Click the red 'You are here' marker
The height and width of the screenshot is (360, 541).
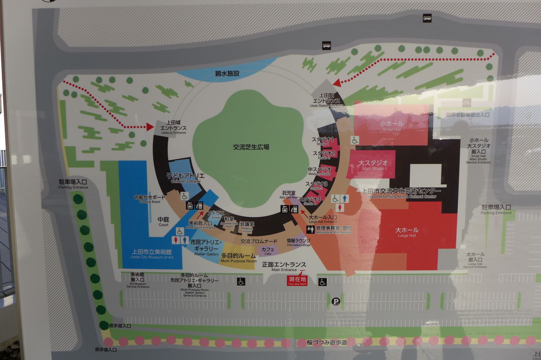[298, 281]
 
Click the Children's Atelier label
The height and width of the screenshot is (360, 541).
[185, 177]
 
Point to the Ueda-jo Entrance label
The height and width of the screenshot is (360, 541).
[173, 127]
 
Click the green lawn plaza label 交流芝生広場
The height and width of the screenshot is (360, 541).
[251, 147]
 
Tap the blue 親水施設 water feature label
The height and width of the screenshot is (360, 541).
[227, 74]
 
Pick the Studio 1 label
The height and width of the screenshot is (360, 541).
[323, 141]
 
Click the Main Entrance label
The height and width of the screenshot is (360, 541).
[284, 266]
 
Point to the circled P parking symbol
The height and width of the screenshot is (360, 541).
[336, 301]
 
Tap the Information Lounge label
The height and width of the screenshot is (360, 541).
[298, 242]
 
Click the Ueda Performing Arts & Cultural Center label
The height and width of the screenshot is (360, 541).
[401, 192]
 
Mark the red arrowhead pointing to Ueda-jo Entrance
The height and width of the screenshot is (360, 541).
[150, 126]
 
